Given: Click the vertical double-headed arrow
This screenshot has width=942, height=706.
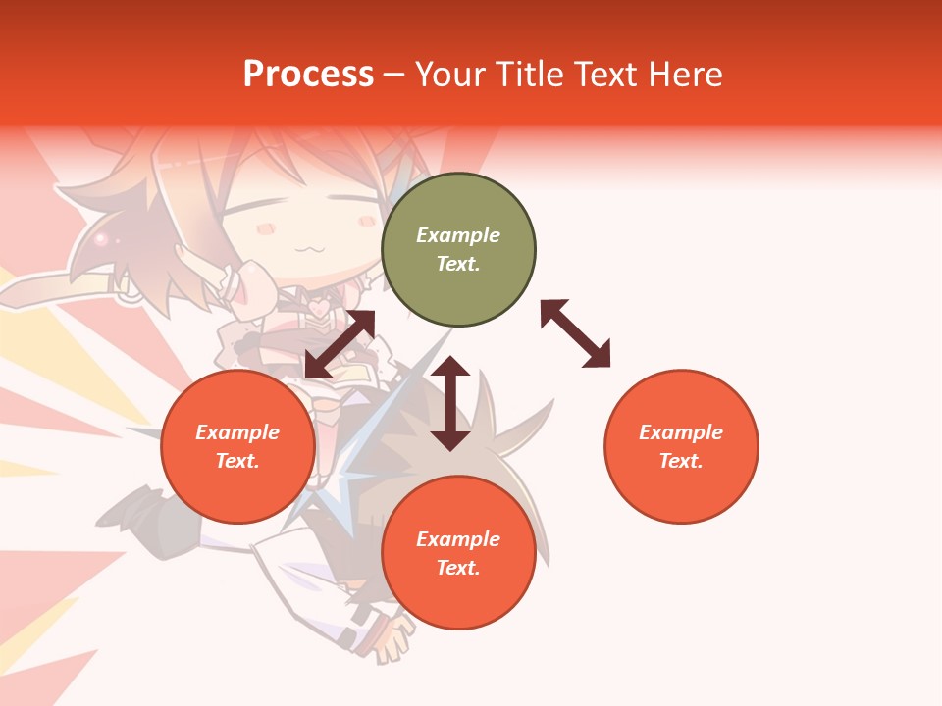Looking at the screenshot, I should pyautogui.click(x=450, y=403).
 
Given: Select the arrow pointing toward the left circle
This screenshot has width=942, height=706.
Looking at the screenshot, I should pyautogui.click(x=340, y=344).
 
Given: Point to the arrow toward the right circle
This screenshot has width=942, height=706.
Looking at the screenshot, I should pyautogui.click(x=575, y=333).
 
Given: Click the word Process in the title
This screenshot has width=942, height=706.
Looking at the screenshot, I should pyautogui.click(x=308, y=74).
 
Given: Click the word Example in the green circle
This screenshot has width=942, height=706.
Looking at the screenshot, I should pyautogui.click(x=458, y=235).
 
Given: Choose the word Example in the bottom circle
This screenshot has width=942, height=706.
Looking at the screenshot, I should pyautogui.click(x=458, y=539).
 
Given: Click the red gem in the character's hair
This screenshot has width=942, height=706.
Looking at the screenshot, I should pyautogui.click(x=99, y=238).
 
